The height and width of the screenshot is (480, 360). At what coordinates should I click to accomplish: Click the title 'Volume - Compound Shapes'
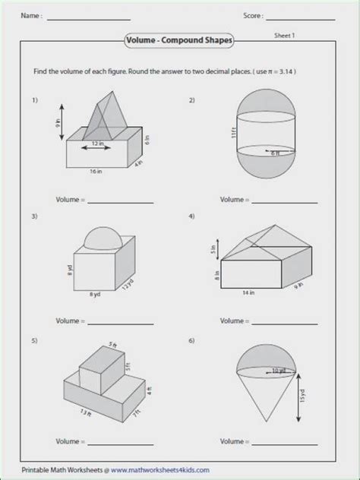(x=180, y=39)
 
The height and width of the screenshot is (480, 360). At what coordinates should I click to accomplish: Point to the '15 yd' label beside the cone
(x=302, y=396)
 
